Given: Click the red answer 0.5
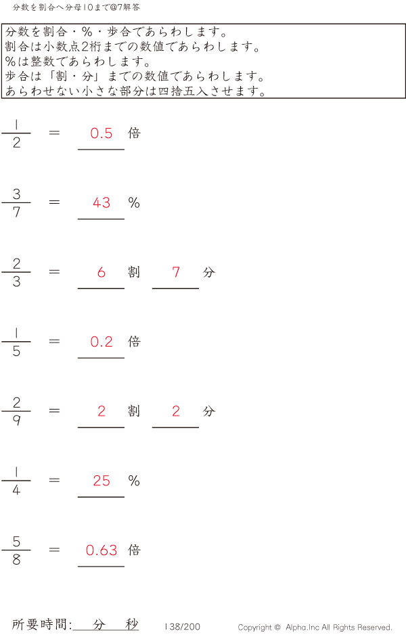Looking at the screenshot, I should click(x=101, y=133).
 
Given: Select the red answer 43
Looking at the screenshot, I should click(x=101, y=202).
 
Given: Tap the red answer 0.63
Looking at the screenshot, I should click(x=101, y=550).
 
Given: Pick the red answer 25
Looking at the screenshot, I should click(x=101, y=481).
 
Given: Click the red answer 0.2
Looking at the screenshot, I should click(x=101, y=342).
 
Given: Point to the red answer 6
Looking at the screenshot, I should click(x=101, y=272).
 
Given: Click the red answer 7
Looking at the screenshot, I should click(x=176, y=272).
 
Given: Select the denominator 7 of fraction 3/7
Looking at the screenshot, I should click(x=16, y=212).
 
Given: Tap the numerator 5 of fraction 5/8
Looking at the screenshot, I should click(x=16, y=542).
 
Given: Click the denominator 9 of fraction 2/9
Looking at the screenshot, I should click(x=16, y=420).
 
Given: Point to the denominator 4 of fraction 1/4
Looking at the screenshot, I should click(x=16, y=490).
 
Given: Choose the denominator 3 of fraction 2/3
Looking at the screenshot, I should click(x=16, y=282).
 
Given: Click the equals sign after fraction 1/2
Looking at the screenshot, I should click(x=55, y=133).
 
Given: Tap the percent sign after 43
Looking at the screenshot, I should click(x=134, y=202).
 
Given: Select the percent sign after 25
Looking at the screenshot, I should click(x=134, y=481).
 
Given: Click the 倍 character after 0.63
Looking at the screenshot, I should click(x=134, y=550).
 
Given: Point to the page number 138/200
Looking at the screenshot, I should click(x=182, y=627).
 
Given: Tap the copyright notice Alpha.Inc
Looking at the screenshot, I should click(x=315, y=628).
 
